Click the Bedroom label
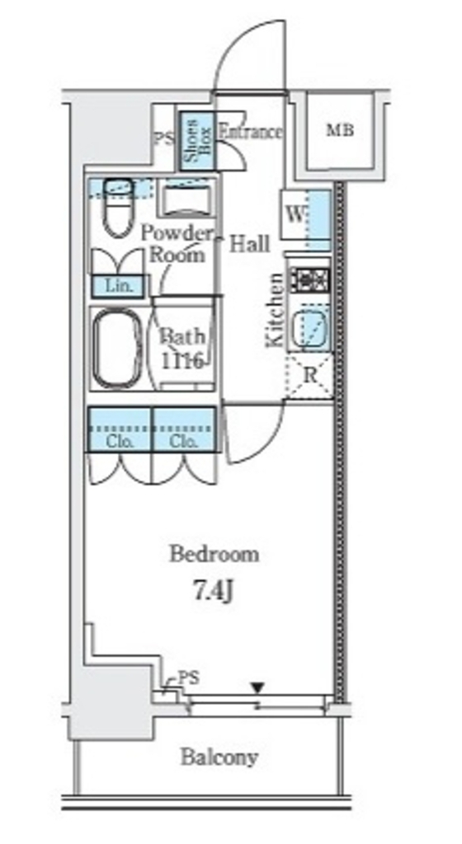coord(214,554)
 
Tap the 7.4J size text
coord(213,591)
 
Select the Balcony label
coord(219,757)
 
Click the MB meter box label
coord(340,129)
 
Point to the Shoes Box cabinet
coord(196,141)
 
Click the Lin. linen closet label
coord(119,286)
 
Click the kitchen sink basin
coord(310,326)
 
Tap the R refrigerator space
coord(309,376)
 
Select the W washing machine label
coord(295,215)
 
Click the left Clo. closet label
coord(120,442)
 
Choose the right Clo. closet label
coord(184,442)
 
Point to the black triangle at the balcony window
coord(258,687)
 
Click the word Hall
coord(250,244)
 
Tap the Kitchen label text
coord(275,310)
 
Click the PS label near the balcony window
coord(188,678)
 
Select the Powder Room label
coord(177,244)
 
